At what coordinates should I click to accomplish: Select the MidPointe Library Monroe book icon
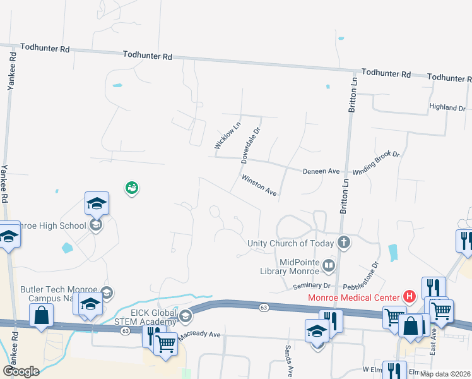point(328,266)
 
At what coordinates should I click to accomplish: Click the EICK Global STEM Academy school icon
point(185,315)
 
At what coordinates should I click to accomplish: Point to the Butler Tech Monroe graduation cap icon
point(107,292)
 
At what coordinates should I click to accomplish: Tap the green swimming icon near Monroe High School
point(131,187)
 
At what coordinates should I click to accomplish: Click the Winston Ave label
point(259,185)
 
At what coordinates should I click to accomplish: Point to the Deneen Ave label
point(321,171)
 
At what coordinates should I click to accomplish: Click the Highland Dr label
point(447,108)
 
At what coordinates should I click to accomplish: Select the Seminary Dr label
point(312,286)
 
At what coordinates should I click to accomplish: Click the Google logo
point(21,371)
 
